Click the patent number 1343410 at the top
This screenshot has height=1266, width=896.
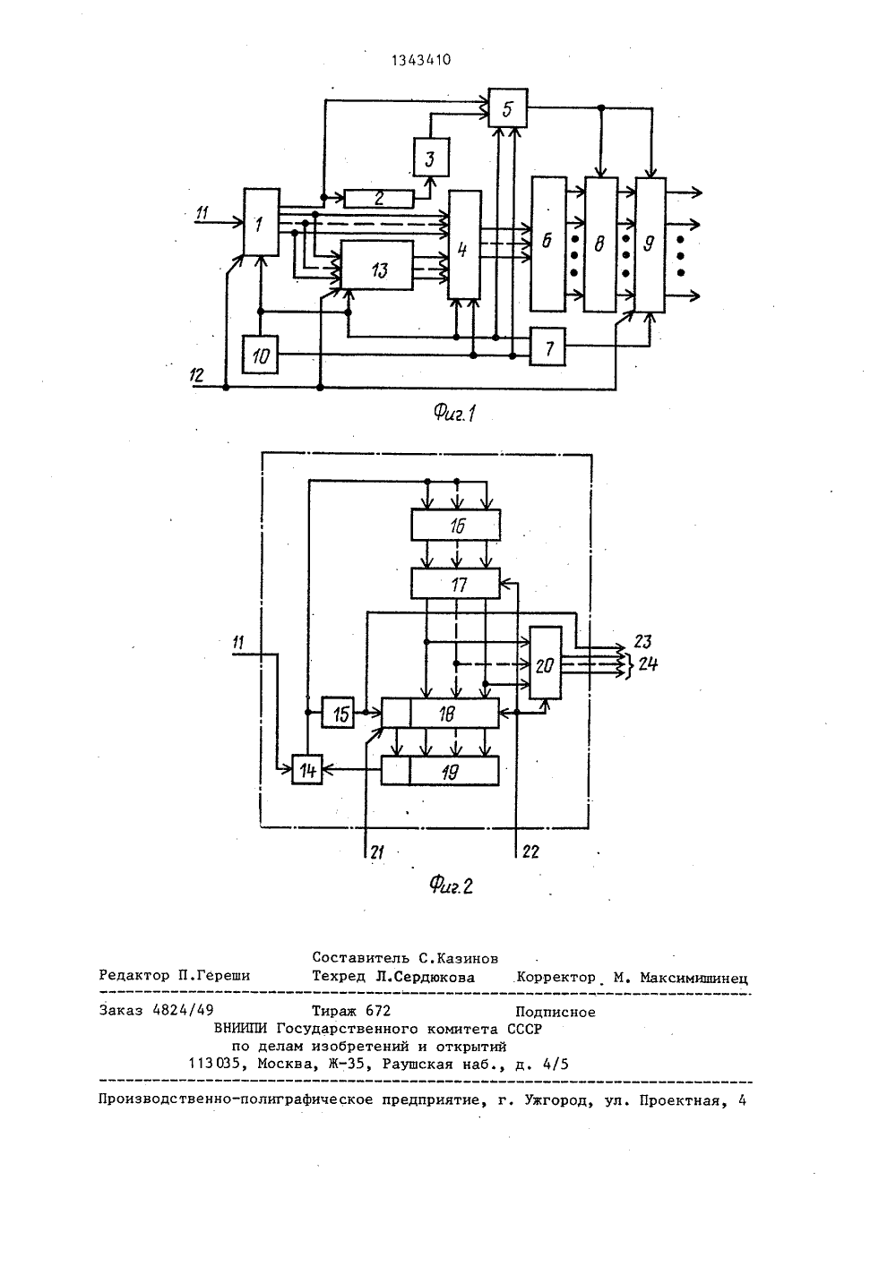click(x=421, y=60)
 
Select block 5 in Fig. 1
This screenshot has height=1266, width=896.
click(x=507, y=108)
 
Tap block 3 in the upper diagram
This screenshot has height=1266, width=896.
click(x=431, y=157)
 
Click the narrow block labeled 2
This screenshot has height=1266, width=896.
click(x=378, y=199)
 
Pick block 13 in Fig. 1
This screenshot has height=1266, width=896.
click(x=376, y=266)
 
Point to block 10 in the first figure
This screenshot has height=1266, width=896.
click(x=260, y=355)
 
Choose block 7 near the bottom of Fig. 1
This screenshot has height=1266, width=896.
click(x=547, y=346)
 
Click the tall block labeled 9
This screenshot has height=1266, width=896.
click(x=650, y=244)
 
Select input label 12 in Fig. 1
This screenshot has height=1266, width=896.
click(x=197, y=375)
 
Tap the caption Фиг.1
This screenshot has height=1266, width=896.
click(x=455, y=415)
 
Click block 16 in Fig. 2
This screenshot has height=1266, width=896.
click(x=456, y=525)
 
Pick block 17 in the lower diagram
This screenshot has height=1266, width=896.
click(x=456, y=584)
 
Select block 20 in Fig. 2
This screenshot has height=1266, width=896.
click(x=546, y=663)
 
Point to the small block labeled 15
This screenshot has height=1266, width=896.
click(x=339, y=713)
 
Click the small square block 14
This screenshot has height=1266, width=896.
click(x=307, y=769)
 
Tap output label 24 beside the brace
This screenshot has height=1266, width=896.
click(x=648, y=663)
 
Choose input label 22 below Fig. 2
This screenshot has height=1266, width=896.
click(x=530, y=851)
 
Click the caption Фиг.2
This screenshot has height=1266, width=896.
click(x=451, y=885)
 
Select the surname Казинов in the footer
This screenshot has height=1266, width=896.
click(x=466, y=958)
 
